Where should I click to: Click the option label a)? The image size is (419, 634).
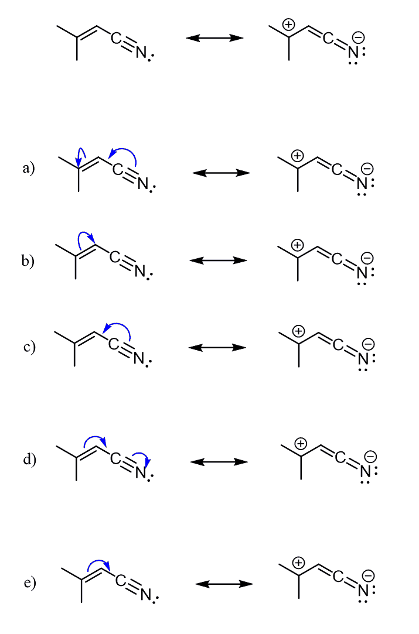point(29,169)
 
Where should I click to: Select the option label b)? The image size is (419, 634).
point(29,261)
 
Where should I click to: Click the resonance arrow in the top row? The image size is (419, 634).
point(214,38)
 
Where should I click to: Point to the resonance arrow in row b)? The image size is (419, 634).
point(218,261)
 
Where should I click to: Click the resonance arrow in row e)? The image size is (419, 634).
point(224,584)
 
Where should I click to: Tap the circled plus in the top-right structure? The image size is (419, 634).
point(288,24)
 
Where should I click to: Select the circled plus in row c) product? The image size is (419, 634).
point(299,331)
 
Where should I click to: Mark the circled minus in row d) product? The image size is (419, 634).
point(370,457)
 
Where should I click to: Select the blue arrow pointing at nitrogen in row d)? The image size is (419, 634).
point(142,459)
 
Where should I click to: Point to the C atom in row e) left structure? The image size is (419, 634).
point(120,581)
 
